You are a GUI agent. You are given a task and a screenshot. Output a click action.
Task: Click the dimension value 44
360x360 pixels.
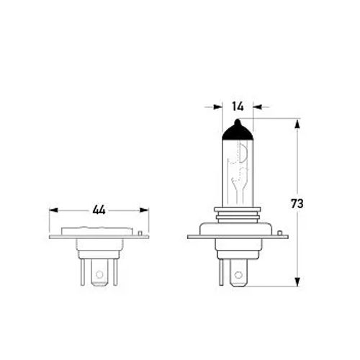click(99, 210)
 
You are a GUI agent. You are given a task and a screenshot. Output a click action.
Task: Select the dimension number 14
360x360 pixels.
click(238, 107)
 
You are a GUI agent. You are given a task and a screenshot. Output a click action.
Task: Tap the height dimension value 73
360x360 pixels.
click(297, 204)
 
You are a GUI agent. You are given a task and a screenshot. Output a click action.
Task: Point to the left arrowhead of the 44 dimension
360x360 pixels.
click(53, 210)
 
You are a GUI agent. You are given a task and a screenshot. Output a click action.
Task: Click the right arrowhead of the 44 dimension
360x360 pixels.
click(144, 210)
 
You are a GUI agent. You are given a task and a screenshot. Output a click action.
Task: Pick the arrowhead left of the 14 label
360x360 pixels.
click(218, 107)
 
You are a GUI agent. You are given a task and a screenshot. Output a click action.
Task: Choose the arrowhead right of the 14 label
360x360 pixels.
click(258, 107)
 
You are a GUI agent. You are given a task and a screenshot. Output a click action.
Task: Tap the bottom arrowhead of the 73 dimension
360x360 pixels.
click(297, 282)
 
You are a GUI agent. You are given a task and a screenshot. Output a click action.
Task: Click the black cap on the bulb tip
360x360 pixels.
click(238, 131)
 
